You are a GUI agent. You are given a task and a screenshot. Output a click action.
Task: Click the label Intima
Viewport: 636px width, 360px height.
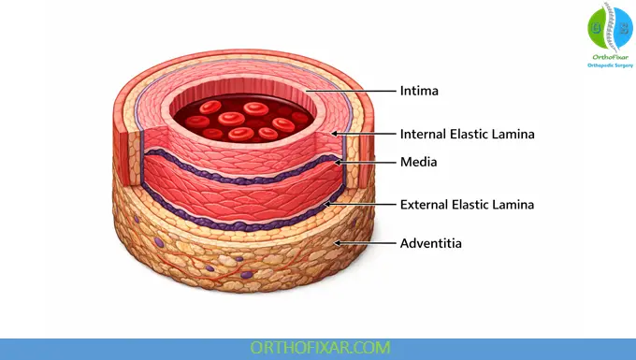point(419,91)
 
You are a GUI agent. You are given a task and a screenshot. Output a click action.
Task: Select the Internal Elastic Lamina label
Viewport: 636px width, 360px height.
point(467,134)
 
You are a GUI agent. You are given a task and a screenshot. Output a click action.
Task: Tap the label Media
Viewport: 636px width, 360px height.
point(418,162)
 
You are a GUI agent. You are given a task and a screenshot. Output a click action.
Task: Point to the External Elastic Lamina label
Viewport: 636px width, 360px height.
point(467,204)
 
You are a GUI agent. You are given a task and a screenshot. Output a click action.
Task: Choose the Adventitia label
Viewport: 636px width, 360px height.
point(430,243)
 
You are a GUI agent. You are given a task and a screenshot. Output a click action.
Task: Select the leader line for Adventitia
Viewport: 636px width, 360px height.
point(365,243)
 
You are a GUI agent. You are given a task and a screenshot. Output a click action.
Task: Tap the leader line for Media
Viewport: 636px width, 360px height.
point(369,162)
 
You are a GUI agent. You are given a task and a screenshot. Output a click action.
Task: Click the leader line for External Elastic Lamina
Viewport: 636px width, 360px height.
point(360,204)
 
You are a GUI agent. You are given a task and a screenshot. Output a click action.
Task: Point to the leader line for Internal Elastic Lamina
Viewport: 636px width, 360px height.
point(365,134)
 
